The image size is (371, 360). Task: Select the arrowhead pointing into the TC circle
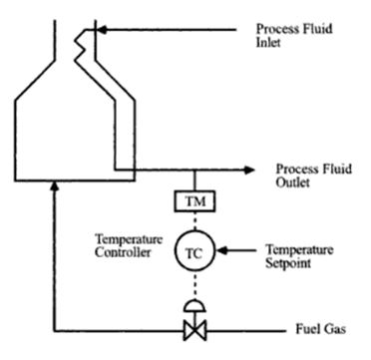tap(215, 250)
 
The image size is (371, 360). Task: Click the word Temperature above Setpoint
tap(300, 248)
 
